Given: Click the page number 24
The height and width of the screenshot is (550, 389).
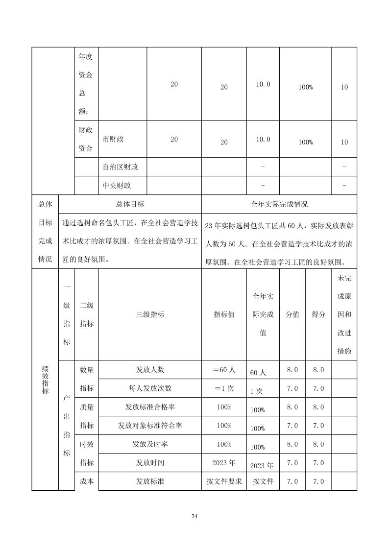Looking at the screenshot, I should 194,516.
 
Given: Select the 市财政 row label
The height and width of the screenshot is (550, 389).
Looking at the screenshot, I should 113,139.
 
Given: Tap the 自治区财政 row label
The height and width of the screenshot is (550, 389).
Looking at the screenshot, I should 121,167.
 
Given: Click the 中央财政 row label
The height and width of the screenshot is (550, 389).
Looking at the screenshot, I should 117,186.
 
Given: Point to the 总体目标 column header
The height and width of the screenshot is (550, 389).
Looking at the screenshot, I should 130,204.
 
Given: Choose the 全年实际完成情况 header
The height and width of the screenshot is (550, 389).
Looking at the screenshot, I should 279,204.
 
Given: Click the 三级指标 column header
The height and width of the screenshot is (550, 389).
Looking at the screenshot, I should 150,314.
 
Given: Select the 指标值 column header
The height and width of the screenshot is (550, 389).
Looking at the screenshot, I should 224,314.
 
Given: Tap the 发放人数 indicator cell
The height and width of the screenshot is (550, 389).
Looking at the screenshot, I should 150,370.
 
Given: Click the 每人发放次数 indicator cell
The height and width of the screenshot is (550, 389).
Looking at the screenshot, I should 150,388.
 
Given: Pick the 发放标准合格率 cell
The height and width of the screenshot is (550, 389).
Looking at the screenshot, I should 150,407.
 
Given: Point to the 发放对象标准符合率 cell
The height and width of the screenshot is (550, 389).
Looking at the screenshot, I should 150,426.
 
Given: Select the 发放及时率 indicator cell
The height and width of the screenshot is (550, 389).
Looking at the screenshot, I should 150,444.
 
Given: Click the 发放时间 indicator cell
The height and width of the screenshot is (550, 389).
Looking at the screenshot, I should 150,463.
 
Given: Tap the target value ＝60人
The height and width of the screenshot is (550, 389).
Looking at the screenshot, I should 224,370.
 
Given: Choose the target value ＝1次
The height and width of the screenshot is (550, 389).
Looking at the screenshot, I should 224,388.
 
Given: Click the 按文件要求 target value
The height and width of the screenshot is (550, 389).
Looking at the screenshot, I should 224,481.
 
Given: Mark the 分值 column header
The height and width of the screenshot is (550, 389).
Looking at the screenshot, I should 292,314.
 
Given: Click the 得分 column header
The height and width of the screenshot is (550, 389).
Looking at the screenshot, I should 318,314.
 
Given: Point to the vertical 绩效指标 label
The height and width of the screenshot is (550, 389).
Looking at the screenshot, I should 45,379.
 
